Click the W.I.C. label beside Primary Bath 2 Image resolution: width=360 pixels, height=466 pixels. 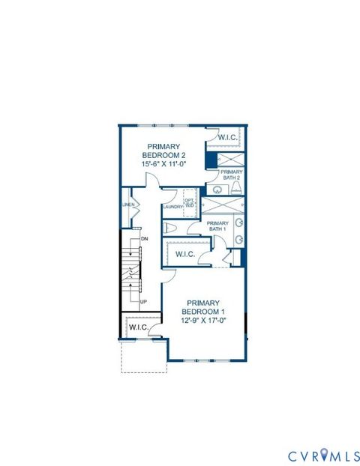[229, 137]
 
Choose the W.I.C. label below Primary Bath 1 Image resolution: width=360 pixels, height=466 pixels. [185, 255]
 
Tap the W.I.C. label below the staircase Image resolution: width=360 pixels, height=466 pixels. [138, 327]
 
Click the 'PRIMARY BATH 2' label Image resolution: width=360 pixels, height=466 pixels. [232, 174]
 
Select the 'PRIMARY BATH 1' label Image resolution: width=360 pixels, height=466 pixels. [217, 226]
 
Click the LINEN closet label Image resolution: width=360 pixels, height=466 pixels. [127, 205]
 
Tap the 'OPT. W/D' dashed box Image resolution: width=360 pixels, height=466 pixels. [190, 202]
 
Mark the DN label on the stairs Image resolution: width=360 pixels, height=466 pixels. [143, 238]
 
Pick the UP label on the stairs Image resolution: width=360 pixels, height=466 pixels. [143, 302]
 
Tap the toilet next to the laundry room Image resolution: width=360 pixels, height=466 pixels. [170, 228]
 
